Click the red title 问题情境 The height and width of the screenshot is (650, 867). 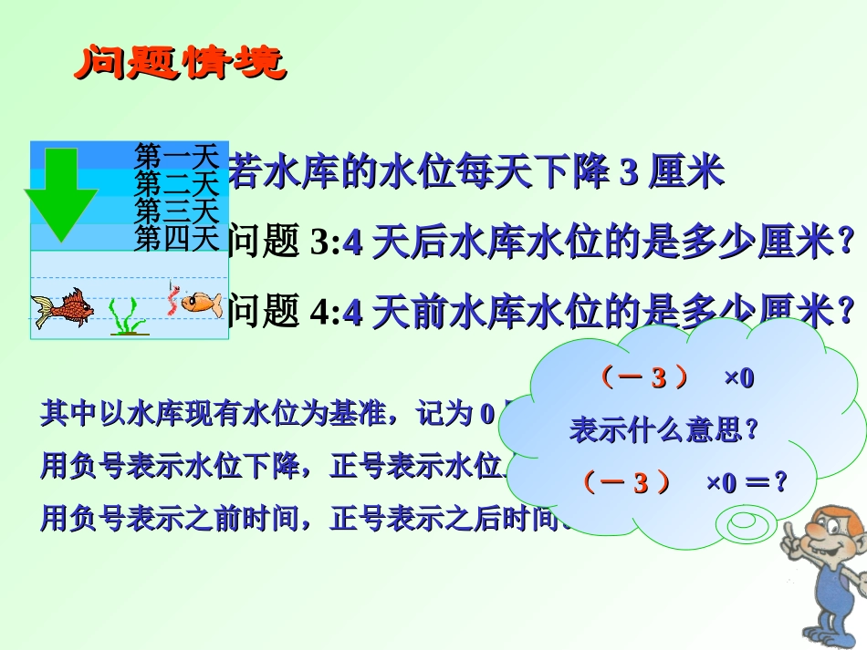pyautogui.click(x=179, y=64)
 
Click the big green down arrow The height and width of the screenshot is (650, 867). pyautogui.click(x=60, y=193)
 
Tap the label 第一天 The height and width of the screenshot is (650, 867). pyautogui.click(x=177, y=155)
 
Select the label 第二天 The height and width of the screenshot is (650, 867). pyautogui.click(x=177, y=182)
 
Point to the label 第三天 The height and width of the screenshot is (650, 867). pyautogui.click(x=177, y=211)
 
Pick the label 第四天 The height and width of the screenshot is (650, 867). pyautogui.click(x=177, y=238)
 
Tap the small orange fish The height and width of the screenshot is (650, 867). pyautogui.click(x=202, y=302)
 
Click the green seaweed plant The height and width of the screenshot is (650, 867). pyautogui.click(x=127, y=316)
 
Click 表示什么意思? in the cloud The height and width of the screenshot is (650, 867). pyautogui.click(x=664, y=428)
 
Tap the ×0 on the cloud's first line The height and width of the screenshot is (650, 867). pyautogui.click(x=739, y=377)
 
